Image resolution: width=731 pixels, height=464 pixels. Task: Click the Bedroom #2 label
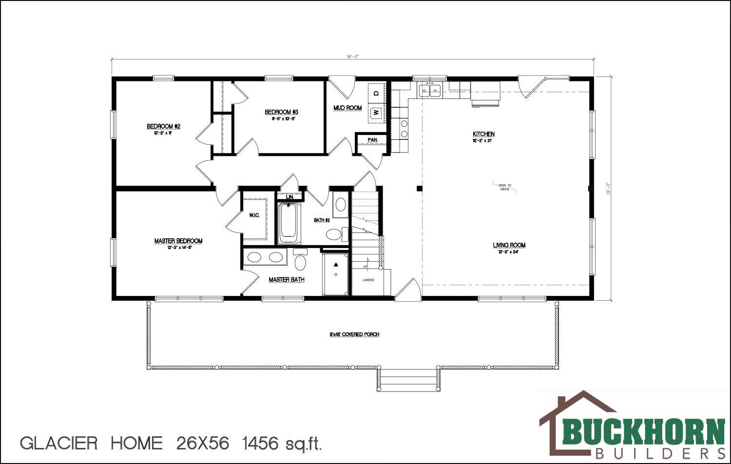click(x=164, y=127)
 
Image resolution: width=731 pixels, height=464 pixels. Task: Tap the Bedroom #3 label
click(x=281, y=112)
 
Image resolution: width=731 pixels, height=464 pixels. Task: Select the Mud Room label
click(x=347, y=108)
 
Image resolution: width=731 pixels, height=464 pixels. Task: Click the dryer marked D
click(x=376, y=93)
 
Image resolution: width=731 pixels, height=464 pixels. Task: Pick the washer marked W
click(x=376, y=113)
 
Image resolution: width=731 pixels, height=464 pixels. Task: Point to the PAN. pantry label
click(x=373, y=140)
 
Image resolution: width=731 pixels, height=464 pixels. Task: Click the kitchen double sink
click(x=429, y=91)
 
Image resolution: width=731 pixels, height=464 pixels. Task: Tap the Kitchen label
click(x=483, y=134)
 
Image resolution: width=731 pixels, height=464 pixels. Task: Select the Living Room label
click(x=509, y=245)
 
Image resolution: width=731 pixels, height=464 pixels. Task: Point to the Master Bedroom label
click(x=178, y=241)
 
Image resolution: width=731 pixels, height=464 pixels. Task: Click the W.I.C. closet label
click(x=254, y=215)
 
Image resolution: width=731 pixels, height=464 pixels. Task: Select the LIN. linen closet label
click(x=290, y=196)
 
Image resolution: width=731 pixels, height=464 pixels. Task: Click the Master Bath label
click(x=287, y=280)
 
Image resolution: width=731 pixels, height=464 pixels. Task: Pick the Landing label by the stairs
click(x=368, y=280)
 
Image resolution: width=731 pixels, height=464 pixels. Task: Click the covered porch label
click(x=354, y=334)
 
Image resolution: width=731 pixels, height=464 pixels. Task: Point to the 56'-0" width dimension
click(x=352, y=57)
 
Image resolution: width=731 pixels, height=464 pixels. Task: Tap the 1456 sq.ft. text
click(x=283, y=443)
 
